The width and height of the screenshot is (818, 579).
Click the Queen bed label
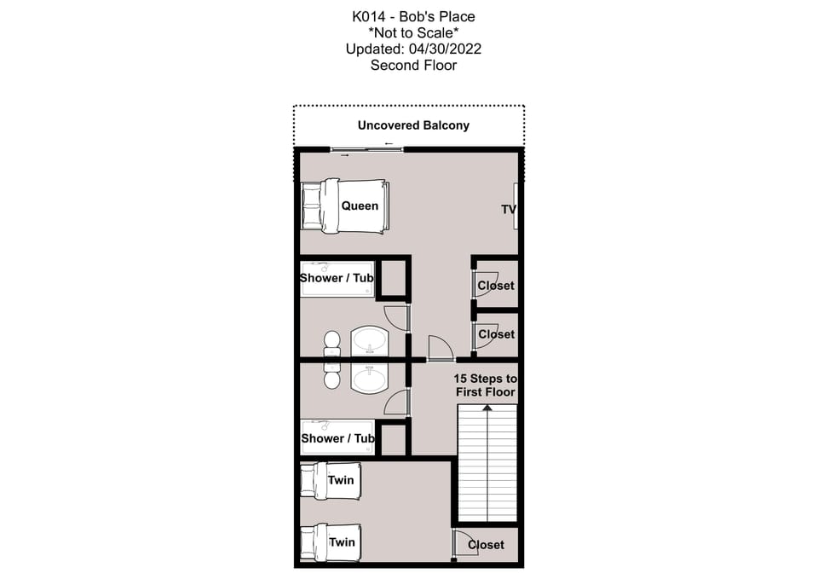point(360,206)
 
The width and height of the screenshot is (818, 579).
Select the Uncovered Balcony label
point(413,125)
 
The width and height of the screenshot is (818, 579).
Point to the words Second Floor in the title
point(413,65)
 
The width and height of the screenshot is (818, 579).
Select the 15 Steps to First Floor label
point(485,385)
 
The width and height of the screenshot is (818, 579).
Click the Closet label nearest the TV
point(496,286)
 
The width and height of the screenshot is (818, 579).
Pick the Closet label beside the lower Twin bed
point(486,545)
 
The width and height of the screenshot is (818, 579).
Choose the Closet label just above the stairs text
point(496,334)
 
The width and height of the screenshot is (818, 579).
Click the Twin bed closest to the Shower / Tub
point(331,480)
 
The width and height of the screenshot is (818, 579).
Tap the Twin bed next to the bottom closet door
point(331,542)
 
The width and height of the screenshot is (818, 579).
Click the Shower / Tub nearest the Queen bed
point(337,279)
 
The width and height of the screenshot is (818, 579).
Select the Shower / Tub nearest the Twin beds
point(337,438)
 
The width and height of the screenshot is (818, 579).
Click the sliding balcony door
point(367,150)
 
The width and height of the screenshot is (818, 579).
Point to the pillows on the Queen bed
point(311,206)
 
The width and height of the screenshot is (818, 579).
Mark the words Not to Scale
point(413,32)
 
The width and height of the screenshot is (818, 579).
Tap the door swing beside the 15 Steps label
point(439,348)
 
